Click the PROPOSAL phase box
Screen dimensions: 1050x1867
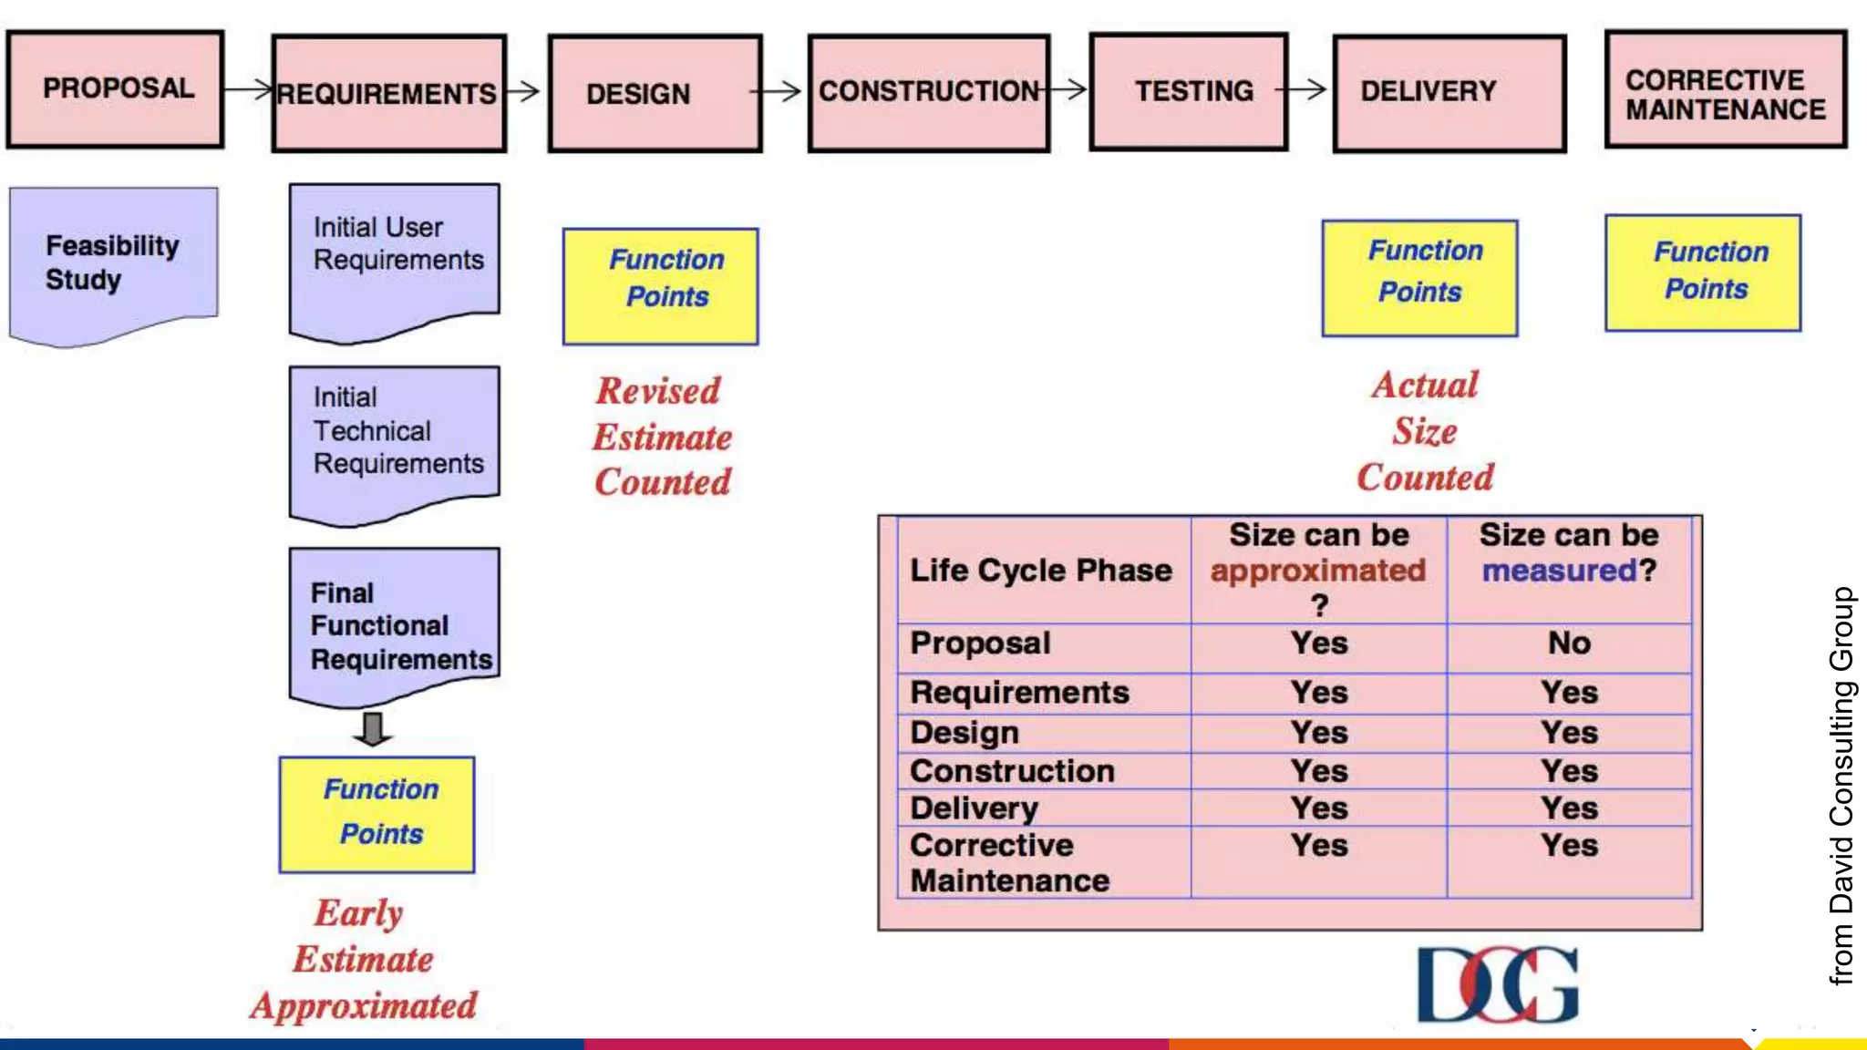[x=116, y=89]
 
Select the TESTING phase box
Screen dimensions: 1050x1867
[x=1189, y=91]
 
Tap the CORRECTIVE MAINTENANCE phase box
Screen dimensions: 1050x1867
[x=1726, y=89]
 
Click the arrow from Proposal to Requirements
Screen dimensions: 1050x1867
[x=248, y=89]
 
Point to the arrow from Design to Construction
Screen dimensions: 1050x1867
[x=777, y=91]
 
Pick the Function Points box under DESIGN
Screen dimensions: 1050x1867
[x=660, y=286]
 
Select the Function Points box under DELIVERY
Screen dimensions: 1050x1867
[x=1419, y=278]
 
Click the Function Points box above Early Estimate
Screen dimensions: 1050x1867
[x=376, y=814]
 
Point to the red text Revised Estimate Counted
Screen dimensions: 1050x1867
[x=662, y=437]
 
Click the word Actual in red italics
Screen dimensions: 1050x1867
[x=1425, y=385]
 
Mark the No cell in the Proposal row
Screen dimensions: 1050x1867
[x=1569, y=643]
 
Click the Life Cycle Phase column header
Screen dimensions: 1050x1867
[x=1041, y=571]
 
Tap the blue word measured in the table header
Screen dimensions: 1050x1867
[x=1559, y=571]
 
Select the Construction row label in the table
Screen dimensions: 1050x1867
[x=1012, y=771]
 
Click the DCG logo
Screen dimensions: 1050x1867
[x=1497, y=984]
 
